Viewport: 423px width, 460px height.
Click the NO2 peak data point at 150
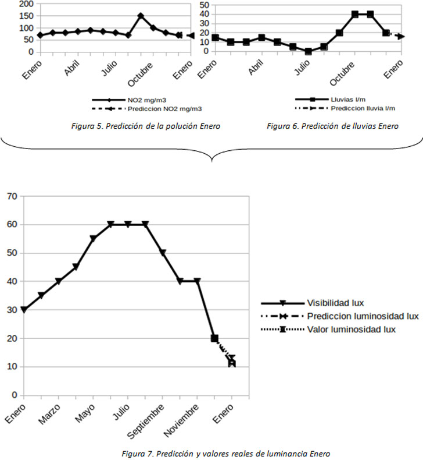(x=141, y=16)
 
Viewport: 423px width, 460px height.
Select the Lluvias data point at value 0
(x=308, y=51)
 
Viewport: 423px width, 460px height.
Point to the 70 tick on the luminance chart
(x=10, y=196)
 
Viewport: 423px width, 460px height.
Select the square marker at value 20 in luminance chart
(x=214, y=338)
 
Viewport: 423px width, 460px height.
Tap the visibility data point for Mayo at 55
(x=93, y=239)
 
